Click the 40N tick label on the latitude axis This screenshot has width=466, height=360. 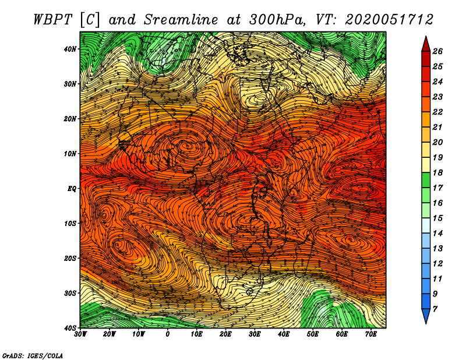coord(70,49)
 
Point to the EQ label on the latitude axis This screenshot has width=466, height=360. coord(72,189)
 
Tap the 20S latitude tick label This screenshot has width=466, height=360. coord(70,258)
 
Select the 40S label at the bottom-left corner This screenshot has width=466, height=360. coord(70,328)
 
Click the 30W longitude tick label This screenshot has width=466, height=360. coord(80,334)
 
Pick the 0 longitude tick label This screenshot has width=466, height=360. coord(168,334)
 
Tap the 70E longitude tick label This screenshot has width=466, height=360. coord(371,334)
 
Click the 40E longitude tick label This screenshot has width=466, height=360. coord(284,334)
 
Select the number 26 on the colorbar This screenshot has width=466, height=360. coord(437,51)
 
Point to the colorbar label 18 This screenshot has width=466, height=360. coord(437,172)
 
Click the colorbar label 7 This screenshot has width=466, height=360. coord(435,309)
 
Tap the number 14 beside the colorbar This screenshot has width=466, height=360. coord(437,234)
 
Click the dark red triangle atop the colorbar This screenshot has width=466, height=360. coord(426,44)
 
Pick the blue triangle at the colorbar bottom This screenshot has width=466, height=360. coord(426,316)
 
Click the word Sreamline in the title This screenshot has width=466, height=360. coord(181,20)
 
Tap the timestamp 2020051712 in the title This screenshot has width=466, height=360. coord(389,20)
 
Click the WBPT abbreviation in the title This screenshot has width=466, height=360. coord(52,20)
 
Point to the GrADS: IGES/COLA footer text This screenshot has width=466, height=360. coord(33,355)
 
